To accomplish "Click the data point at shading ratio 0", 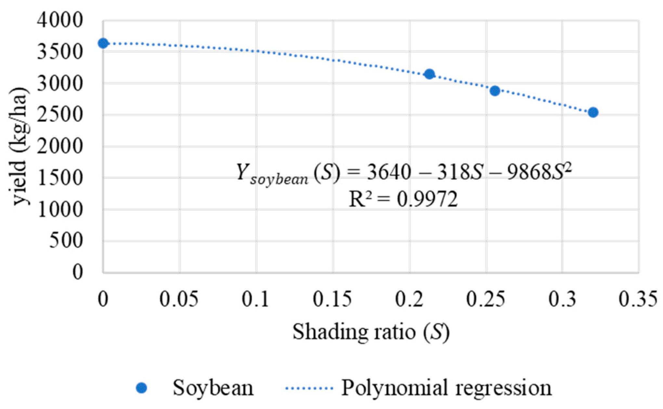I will click(103, 43).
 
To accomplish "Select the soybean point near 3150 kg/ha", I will click(430, 74).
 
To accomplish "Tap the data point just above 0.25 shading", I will click(495, 91).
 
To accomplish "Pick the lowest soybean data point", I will click(593, 113).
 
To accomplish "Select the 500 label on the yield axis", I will click(66, 241).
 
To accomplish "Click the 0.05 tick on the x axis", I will click(179, 299).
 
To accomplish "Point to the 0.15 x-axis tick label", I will click(332, 299).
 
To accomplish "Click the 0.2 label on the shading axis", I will click(409, 299).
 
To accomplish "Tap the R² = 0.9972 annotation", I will click(403, 199).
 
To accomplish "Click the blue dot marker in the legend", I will click(141, 388).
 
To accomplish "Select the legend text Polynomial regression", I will click(446, 388).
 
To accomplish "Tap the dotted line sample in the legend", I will click(309, 388).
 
